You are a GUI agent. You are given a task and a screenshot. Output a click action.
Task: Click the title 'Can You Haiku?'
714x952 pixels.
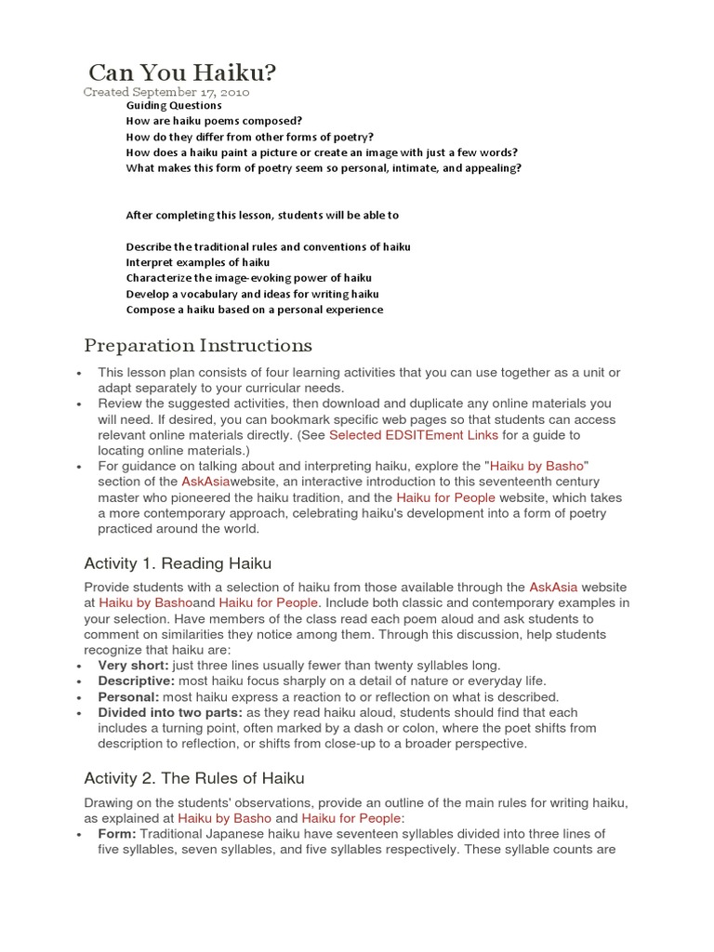(182, 73)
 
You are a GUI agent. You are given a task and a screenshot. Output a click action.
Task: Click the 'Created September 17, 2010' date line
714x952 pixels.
(166, 93)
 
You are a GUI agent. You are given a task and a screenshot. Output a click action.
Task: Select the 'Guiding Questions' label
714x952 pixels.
(174, 106)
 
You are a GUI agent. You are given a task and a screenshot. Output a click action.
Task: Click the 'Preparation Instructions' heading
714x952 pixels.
(198, 346)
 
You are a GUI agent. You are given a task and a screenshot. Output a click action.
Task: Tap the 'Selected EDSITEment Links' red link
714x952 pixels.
(414, 435)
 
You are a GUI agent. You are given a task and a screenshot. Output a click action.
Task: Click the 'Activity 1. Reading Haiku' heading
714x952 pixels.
(178, 563)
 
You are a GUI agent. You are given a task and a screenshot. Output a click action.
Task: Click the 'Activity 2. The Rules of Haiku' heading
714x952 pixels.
(194, 778)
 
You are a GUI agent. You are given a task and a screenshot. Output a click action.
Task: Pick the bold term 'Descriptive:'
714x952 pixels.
(135, 681)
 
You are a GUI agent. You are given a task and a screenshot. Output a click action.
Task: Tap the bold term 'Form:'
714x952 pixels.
(117, 834)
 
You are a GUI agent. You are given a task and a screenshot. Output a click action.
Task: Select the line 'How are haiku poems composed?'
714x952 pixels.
(214, 121)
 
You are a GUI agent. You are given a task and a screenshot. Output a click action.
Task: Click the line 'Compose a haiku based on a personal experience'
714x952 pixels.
(254, 311)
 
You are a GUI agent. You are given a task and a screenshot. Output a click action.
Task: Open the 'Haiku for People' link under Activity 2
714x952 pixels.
(350, 818)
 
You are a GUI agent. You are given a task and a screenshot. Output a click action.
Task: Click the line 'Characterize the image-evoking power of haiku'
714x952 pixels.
(248, 279)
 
